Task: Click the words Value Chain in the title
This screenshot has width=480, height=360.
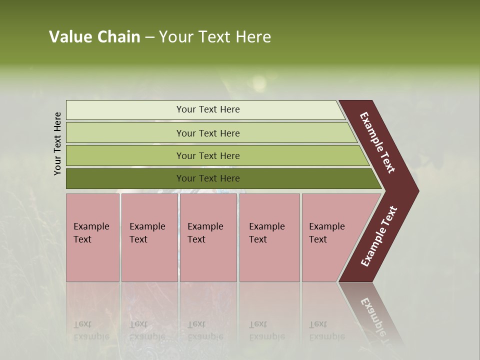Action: pos(94,37)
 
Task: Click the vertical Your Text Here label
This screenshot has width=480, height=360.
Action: pos(57,143)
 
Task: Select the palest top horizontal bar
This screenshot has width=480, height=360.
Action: pos(125,110)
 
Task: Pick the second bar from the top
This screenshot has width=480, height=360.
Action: pos(125,133)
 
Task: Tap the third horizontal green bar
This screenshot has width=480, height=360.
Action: pos(125,155)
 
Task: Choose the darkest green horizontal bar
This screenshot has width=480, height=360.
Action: pos(125,178)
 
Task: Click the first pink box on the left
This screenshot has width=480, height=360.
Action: pos(92,260)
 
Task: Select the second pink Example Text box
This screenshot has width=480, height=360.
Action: pos(149,260)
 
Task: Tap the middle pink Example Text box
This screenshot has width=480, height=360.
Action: pos(208,260)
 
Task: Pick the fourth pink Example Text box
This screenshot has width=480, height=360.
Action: pos(269,260)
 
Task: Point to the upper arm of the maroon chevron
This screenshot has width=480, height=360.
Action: pos(377,142)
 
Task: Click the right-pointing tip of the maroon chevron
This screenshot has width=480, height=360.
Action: pos(412,191)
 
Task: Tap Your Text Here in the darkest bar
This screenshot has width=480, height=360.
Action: pos(208,178)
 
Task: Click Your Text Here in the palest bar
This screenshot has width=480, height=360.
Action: pos(208,109)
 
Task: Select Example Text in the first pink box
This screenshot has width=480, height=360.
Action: pos(91,232)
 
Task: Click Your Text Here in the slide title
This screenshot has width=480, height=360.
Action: pos(215,37)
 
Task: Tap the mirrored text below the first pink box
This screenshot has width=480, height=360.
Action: pos(91,330)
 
